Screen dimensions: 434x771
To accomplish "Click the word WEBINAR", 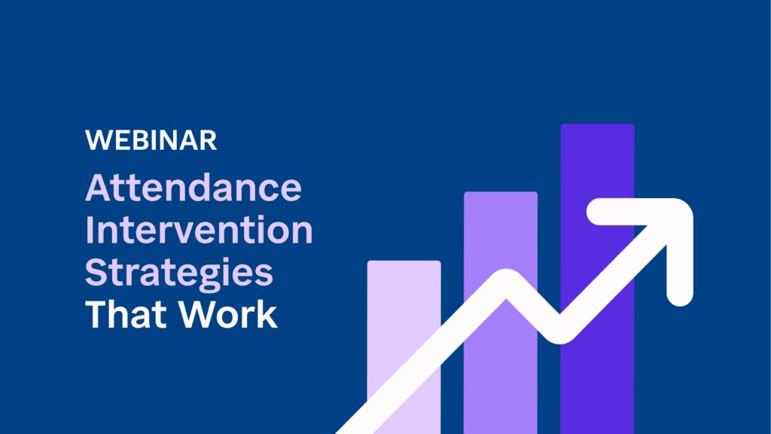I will pos(151,140).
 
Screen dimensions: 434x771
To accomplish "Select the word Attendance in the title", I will pos(193,188).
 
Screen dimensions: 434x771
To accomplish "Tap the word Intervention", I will pos(198,231).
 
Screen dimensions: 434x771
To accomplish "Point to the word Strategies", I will pos(179,274).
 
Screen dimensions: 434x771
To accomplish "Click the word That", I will pos(124,315).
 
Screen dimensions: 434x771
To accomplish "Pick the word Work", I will pos(227,315).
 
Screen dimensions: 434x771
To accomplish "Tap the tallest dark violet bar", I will pos(597,188).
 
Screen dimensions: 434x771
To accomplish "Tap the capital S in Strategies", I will pos(96,274).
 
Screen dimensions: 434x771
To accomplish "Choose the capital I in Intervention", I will pos(90,231).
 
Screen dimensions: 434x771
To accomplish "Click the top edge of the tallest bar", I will pos(597,126).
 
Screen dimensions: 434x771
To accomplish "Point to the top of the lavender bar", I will pos(404,263).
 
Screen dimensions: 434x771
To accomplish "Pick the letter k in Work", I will pos(267,315).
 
